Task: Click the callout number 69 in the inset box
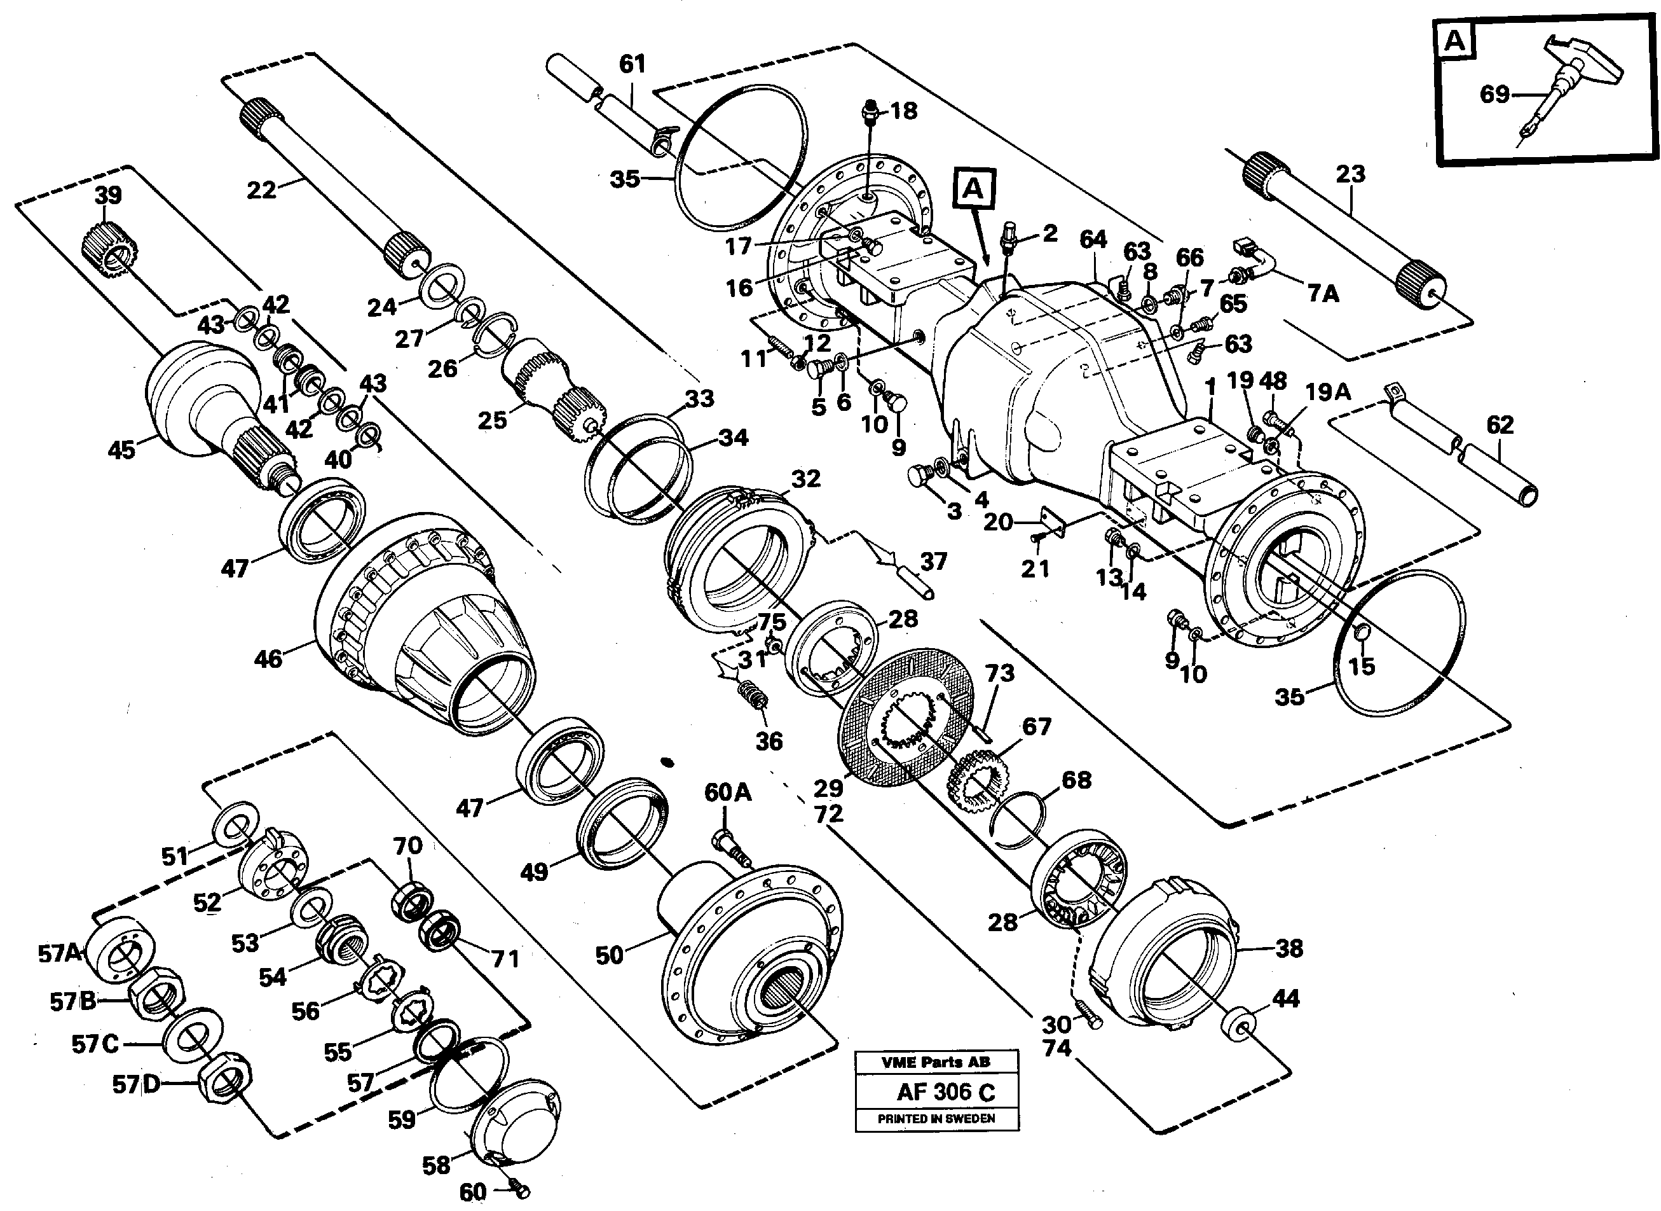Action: tap(1494, 95)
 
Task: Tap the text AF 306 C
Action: tap(945, 1093)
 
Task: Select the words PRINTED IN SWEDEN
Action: tap(936, 1119)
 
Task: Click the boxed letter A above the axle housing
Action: tap(973, 189)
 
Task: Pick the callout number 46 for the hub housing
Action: tap(268, 659)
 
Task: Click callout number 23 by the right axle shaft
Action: tap(1350, 174)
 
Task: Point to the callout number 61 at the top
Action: tap(632, 64)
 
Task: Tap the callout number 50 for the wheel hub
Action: tap(609, 955)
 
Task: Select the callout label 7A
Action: tap(1323, 294)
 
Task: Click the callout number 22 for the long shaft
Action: tap(261, 190)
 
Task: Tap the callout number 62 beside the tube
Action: tap(1500, 425)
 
